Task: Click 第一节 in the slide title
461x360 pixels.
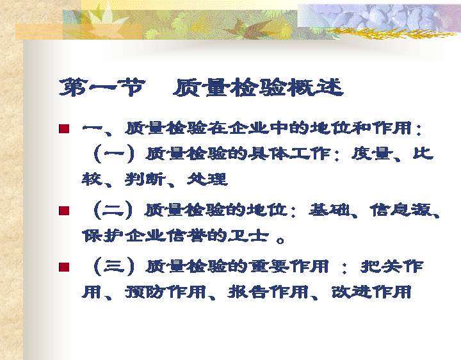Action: point(102,87)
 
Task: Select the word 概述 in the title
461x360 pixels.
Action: point(315,87)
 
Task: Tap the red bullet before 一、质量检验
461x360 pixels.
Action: point(64,129)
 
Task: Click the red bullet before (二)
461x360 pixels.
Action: point(64,211)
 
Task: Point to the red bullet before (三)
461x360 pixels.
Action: point(64,267)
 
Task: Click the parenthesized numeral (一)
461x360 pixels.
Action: point(114,154)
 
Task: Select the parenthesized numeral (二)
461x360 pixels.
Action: point(113,210)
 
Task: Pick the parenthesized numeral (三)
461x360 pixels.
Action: point(114,266)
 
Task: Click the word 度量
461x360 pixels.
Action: point(372,154)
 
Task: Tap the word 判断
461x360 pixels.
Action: point(145,179)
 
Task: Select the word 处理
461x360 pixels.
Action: point(207,179)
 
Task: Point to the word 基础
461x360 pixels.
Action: point(329,210)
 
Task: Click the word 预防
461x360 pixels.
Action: point(145,292)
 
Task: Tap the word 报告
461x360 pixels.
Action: point(248,292)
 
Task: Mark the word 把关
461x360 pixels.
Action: point(382,266)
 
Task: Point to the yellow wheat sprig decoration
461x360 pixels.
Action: point(391,33)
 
